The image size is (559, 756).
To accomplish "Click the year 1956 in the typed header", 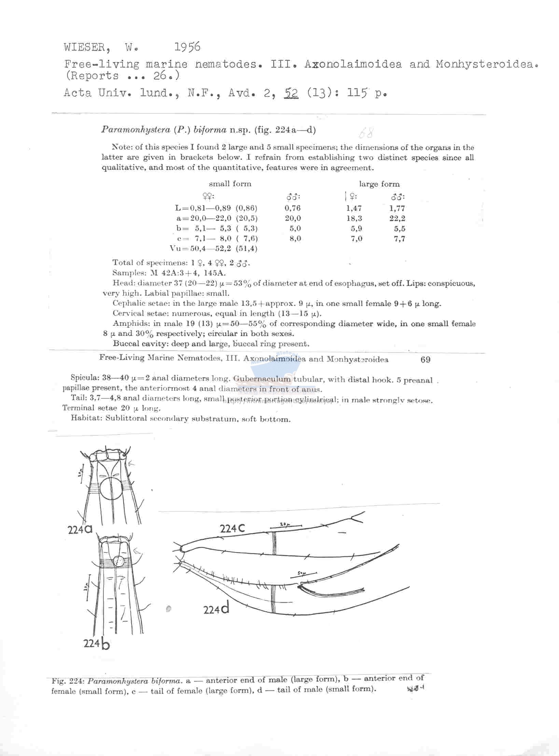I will point(187,47).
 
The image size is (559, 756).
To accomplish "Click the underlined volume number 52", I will point(291,93).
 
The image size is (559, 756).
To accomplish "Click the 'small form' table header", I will point(230,184).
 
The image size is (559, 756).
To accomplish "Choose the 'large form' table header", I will point(379,184).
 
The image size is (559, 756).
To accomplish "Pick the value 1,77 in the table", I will point(397,208).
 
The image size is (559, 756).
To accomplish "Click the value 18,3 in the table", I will point(354,218).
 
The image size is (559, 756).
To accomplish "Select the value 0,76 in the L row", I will point(293,208).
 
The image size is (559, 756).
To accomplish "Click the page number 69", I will point(425,359).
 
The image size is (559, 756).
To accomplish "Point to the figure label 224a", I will point(80,529).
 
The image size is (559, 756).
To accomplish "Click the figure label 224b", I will point(97,644).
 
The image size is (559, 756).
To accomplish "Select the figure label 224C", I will point(232,528).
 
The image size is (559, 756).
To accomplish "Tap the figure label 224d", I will point(216,609).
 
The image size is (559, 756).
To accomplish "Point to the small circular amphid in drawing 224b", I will point(119,561).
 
